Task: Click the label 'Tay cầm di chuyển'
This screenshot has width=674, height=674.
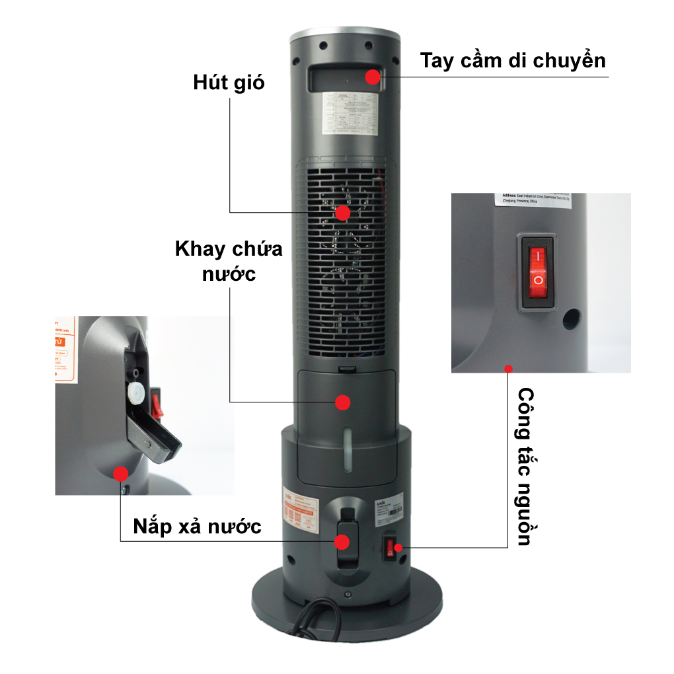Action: pyautogui.click(x=513, y=60)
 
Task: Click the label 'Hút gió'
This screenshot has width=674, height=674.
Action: pyautogui.click(x=229, y=83)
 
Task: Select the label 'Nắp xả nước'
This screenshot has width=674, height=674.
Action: pyautogui.click(x=197, y=526)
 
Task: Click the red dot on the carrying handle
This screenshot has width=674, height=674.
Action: pyautogui.click(x=373, y=77)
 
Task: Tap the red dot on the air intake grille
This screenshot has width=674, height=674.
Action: pyautogui.click(x=342, y=213)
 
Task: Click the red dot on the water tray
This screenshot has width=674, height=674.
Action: pyautogui.click(x=342, y=402)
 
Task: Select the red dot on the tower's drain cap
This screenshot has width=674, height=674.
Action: pyautogui.click(x=342, y=542)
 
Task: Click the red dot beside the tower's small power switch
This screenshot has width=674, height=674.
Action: pyautogui.click(x=398, y=548)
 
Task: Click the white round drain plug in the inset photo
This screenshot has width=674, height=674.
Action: pyautogui.click(x=137, y=394)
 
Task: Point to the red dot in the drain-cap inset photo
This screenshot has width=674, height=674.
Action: pyautogui.click(x=120, y=473)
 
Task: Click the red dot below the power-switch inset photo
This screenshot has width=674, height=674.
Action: pyautogui.click(x=507, y=368)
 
